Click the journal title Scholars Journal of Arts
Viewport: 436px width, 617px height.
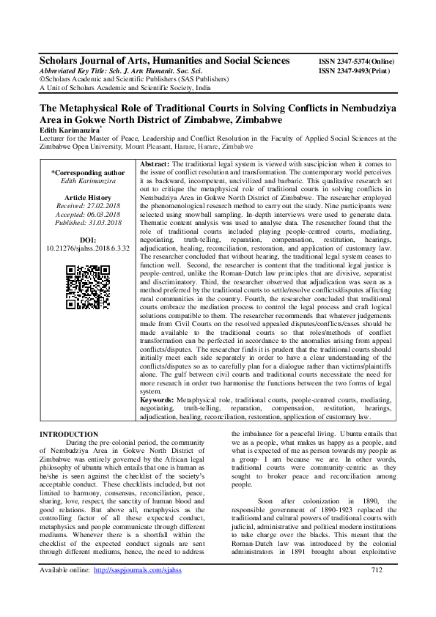pyautogui.click(x=164, y=61)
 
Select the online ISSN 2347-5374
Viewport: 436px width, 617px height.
pyautogui.click(x=360, y=62)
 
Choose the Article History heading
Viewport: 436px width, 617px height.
pyautogui.click(x=88, y=198)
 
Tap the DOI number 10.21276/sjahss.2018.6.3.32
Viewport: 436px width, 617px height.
pyautogui.click(x=88, y=248)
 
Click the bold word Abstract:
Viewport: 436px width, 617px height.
pyautogui.click(x=155, y=163)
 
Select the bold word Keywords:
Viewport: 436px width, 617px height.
pyautogui.click(x=158, y=401)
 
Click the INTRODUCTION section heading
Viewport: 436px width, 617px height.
pyautogui.click(x=69, y=434)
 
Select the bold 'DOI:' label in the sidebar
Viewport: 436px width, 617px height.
pyautogui.click(x=88, y=240)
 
